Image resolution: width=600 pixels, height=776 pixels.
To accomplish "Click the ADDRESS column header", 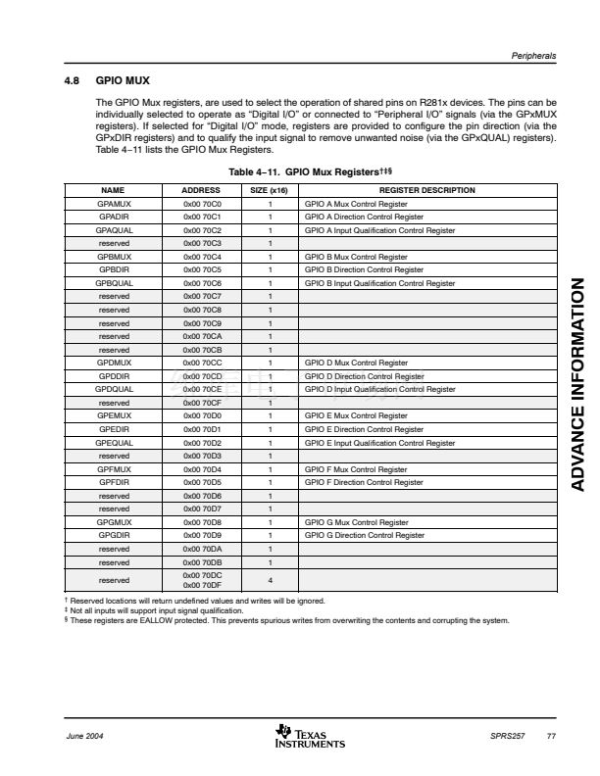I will (x=201, y=190).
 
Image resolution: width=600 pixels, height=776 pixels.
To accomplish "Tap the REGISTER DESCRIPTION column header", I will (x=426, y=190).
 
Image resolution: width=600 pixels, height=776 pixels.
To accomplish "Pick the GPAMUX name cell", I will (x=115, y=203).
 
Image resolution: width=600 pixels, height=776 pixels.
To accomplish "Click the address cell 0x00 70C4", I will (x=201, y=257).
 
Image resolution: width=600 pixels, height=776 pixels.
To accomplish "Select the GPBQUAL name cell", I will (x=115, y=283).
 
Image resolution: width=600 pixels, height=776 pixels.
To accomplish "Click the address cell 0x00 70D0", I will (x=201, y=415).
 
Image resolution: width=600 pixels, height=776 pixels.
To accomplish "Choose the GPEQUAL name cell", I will (x=115, y=442).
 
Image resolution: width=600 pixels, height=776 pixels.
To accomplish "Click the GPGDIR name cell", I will (x=115, y=535).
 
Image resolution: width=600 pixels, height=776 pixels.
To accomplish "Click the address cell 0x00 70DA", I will (x=201, y=549).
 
